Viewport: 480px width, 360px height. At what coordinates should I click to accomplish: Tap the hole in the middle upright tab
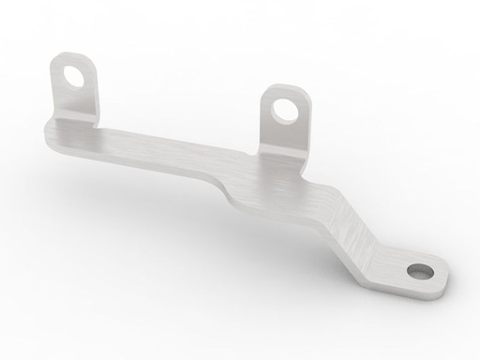282,111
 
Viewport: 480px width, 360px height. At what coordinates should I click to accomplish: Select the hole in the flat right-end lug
419,273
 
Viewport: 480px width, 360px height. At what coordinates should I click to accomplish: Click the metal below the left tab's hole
75,97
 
